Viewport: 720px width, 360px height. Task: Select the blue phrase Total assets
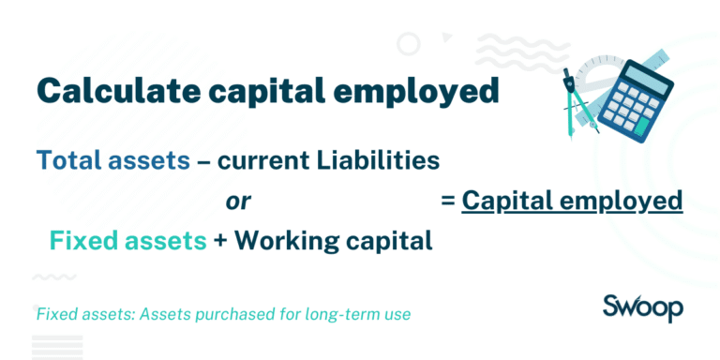[x=112, y=160]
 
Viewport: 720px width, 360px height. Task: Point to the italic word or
[x=236, y=201]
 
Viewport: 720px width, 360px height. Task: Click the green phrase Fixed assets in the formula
[x=127, y=241]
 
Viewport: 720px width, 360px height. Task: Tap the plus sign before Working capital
[x=220, y=242]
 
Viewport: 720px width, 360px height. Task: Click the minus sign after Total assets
[x=202, y=161]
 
